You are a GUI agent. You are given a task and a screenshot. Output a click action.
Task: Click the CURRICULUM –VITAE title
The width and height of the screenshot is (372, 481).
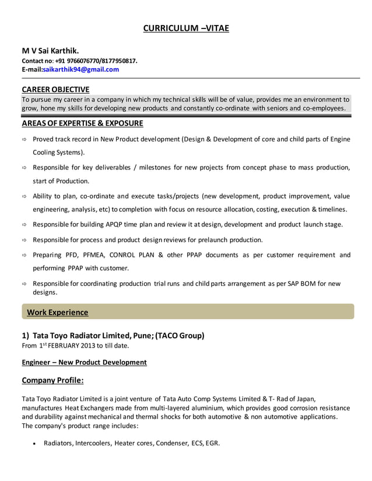point(186,29)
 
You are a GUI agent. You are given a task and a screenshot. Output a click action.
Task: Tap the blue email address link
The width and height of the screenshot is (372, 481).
point(80,69)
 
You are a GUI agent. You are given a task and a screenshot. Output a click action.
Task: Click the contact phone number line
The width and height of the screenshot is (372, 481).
point(79,61)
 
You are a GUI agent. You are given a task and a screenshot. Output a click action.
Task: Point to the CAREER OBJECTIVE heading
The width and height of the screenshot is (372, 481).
point(55,89)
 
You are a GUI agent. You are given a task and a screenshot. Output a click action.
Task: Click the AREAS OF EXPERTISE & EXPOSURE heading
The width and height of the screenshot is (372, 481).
point(82,123)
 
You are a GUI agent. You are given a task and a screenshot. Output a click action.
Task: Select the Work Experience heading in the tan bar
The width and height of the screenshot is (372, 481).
point(58,312)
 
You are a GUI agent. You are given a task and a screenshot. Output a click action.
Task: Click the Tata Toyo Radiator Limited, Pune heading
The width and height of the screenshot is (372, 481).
point(113,335)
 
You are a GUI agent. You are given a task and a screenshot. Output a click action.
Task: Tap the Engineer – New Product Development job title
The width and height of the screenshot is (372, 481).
point(84,362)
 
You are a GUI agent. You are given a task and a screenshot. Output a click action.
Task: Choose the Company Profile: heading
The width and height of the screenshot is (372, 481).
point(52,380)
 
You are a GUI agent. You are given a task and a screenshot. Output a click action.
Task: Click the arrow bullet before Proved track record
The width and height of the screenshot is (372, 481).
point(24,140)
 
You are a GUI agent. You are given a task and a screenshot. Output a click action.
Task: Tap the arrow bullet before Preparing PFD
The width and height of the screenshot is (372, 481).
point(24,255)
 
